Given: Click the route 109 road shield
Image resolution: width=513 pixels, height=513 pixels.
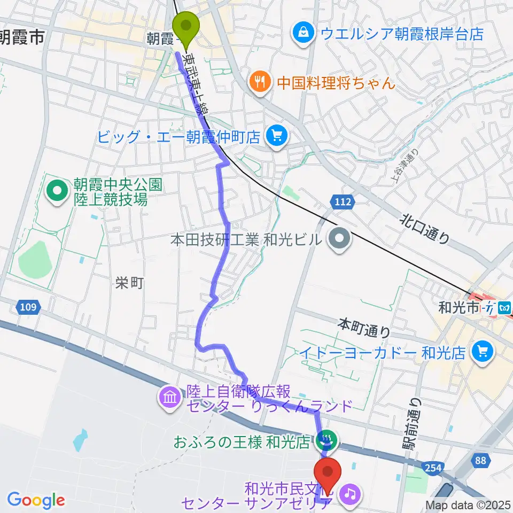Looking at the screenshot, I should pyautogui.click(x=29, y=307).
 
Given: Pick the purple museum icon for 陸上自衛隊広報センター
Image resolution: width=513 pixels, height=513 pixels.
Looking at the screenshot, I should pyautogui.click(x=169, y=399).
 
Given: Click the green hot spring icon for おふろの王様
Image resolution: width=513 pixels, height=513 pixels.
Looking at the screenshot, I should pyautogui.click(x=325, y=442).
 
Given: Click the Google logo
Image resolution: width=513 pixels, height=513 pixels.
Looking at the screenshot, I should pyautogui.click(x=36, y=500).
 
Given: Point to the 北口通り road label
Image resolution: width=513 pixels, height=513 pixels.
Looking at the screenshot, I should pyautogui.click(x=425, y=227).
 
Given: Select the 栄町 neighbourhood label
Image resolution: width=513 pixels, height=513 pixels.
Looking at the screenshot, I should pyautogui.click(x=129, y=283).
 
